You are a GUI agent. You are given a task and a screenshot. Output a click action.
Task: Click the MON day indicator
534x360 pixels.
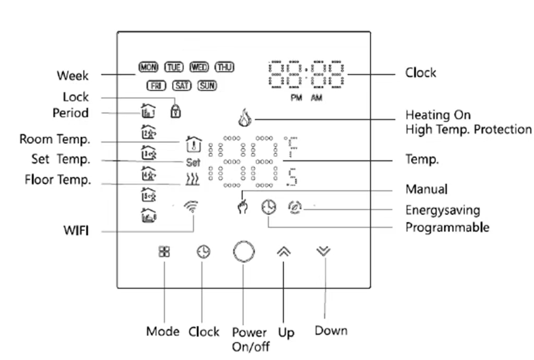(148, 67)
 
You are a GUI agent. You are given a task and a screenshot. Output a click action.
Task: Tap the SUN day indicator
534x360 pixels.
(207, 86)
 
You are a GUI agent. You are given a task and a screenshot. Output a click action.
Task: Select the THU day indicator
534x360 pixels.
(225, 67)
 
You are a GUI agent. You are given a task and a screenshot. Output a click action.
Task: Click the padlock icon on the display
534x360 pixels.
(176, 110)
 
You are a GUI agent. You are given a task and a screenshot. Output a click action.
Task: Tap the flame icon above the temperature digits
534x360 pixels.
(244, 118)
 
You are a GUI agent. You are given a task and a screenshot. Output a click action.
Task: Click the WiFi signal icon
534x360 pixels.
(192, 208)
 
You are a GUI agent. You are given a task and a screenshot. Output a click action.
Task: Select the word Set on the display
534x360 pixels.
(193, 163)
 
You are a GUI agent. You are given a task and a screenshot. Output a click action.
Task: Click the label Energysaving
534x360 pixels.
(442, 210)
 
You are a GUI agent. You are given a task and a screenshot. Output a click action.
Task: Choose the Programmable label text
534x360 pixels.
(447, 227)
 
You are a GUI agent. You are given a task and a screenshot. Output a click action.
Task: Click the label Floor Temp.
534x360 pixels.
(58, 181)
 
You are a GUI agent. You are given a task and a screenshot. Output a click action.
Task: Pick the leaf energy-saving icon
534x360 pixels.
(295, 207)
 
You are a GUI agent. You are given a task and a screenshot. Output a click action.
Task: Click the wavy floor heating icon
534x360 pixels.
(192, 181)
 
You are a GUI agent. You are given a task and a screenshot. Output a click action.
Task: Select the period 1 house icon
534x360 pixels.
(148, 112)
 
